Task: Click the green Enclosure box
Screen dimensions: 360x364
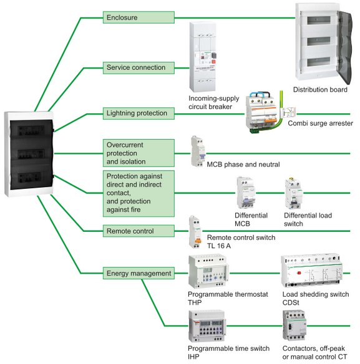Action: tap(139, 17)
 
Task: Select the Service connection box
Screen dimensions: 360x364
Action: tap(139, 68)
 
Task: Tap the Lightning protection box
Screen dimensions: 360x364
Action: tap(139, 113)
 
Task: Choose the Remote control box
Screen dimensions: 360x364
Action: tap(139, 231)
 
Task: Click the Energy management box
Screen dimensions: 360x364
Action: tap(139, 273)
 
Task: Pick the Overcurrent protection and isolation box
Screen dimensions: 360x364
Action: tap(139, 153)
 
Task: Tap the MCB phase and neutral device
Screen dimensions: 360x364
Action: tap(198, 151)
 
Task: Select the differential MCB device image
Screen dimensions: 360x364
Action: tap(245, 193)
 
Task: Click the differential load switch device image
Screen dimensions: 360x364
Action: tap(294, 193)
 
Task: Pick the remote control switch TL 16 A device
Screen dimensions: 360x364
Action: tap(195, 231)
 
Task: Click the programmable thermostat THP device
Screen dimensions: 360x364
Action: tap(208, 272)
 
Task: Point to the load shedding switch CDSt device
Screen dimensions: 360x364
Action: tap(311, 271)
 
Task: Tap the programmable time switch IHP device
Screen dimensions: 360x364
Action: tap(207, 326)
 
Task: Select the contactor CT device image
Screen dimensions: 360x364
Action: tap(294, 325)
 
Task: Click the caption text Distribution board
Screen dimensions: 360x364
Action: tap(320, 90)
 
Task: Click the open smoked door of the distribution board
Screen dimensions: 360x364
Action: tap(344, 46)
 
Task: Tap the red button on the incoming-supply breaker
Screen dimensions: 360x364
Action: tap(213, 62)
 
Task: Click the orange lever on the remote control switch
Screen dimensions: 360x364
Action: tap(198, 241)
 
